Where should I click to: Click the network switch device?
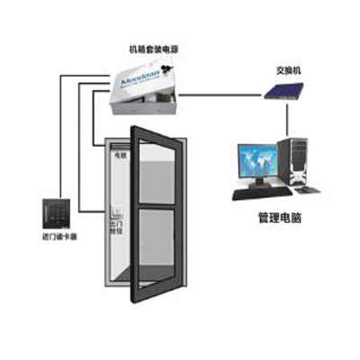click(286, 89)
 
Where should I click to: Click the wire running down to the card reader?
click(60, 135)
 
